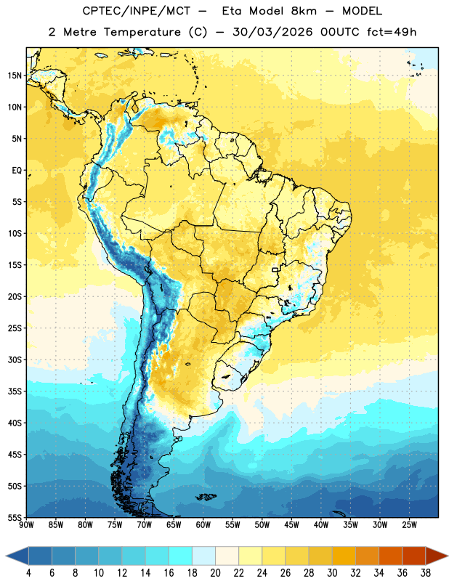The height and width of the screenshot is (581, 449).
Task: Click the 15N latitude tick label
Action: [15, 76]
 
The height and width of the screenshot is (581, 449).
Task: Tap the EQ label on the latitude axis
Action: [17, 171]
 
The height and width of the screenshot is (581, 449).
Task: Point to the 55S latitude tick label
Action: [15, 517]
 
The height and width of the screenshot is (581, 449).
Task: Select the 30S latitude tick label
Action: [15, 359]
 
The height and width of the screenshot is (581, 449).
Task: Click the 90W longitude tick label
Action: [26, 525]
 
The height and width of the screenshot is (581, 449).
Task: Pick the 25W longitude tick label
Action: [409, 525]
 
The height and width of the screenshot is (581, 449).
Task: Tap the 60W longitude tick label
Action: [203, 525]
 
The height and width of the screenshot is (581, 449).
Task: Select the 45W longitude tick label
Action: [291, 525]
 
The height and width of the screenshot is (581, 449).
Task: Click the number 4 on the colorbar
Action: [28, 573]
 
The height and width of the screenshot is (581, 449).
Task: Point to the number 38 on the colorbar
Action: [425, 573]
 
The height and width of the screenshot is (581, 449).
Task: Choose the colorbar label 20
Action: [215, 573]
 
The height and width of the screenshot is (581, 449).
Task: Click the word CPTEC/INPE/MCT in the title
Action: [137, 11]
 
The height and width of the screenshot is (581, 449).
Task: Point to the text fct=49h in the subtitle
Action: [392, 32]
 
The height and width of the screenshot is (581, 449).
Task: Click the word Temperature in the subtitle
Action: [142, 32]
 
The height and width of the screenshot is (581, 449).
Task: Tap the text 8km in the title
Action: [304, 11]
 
